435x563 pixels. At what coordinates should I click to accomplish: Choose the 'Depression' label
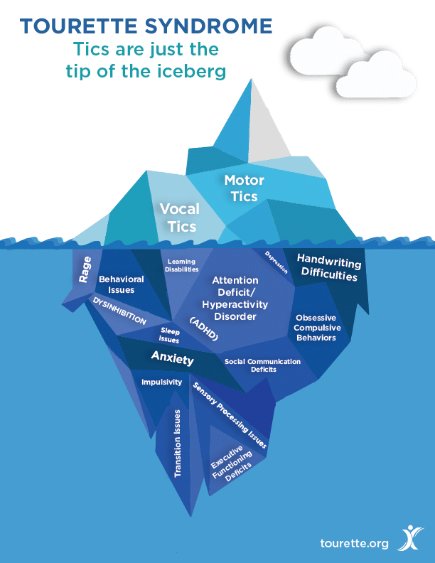click(276, 262)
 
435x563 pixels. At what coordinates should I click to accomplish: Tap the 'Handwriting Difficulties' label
click(328, 267)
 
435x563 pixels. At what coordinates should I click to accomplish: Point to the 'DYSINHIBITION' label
click(119, 311)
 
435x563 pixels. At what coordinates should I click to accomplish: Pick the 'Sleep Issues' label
click(169, 336)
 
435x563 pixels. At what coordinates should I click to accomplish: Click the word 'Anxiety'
click(172, 358)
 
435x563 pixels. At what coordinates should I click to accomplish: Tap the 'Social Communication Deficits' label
click(262, 365)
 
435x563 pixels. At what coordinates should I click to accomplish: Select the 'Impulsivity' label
click(161, 382)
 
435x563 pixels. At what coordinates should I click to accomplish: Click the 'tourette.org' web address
click(355, 543)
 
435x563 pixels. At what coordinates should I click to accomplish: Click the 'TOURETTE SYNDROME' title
click(146, 27)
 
